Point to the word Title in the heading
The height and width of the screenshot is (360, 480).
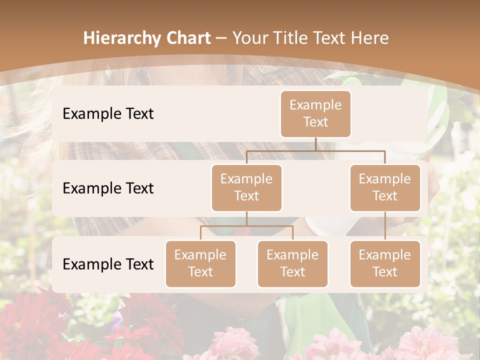point(298,38)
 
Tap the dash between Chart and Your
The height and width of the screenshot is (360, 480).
point(221,38)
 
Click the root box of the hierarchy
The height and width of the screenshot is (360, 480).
point(315,113)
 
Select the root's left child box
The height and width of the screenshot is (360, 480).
point(246,187)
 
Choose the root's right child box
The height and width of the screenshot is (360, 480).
point(385,187)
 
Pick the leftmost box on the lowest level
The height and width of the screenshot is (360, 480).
point(200,263)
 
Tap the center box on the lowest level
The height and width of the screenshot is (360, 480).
point(292,263)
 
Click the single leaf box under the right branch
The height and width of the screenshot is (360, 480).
point(385,263)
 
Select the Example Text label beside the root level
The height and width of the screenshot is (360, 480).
point(108,113)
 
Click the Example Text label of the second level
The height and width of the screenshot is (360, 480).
point(108,188)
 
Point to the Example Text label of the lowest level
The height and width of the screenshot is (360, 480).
point(108,264)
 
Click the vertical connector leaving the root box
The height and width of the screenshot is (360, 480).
point(315,144)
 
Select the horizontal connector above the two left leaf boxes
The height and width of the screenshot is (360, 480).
point(246,226)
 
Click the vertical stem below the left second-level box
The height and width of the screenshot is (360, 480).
point(246,218)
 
